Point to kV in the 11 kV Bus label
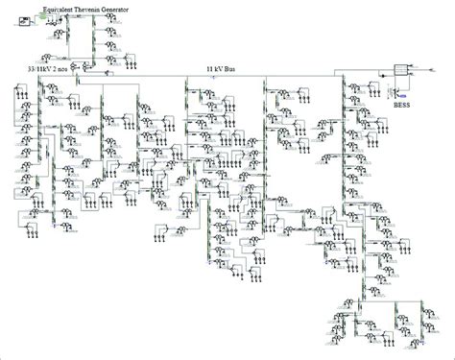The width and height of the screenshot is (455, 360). [219, 69]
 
